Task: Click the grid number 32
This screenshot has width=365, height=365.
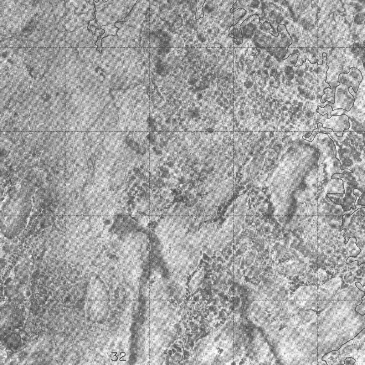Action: [x=118, y=356]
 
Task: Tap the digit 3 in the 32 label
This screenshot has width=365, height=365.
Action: [x=115, y=356]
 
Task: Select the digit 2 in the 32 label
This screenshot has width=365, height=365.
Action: [x=122, y=356]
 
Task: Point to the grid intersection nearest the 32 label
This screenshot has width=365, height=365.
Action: [x=149, y=300]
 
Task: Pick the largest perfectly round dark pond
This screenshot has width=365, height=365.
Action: [x=194, y=113]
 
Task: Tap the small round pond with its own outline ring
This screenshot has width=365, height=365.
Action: [x=350, y=361]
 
